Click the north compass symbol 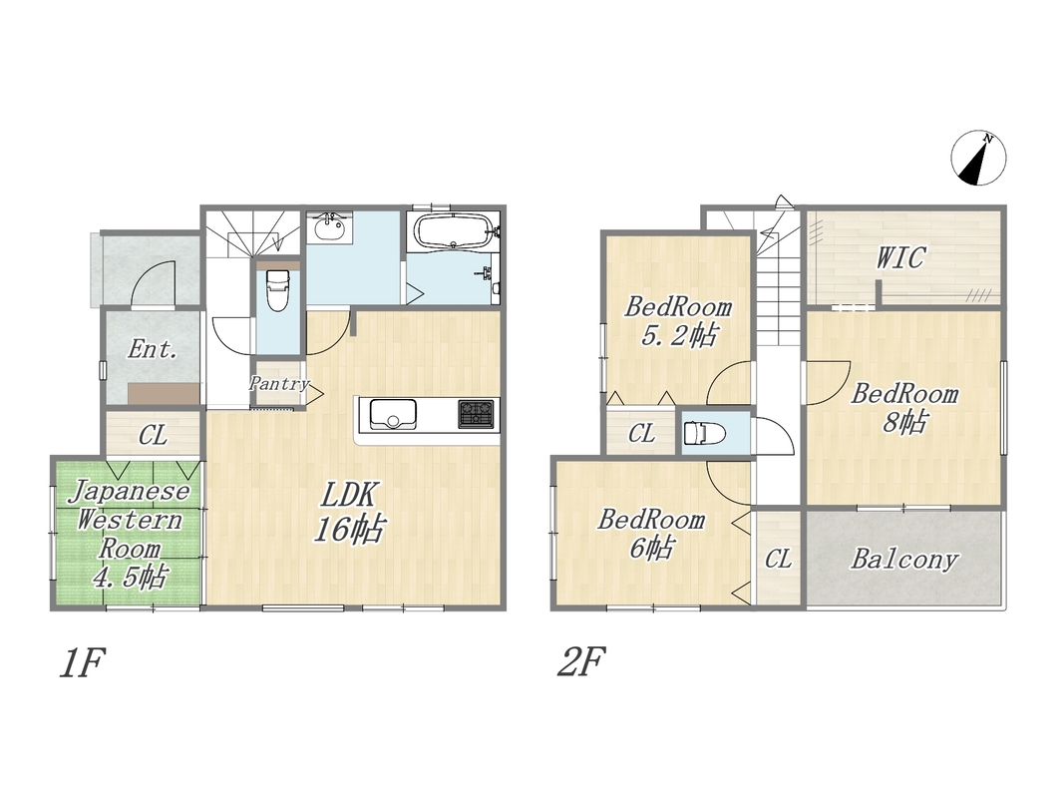point(978,159)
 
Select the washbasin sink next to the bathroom point(329,227)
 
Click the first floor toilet point(277,289)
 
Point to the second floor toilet point(704,432)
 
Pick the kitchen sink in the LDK point(393,414)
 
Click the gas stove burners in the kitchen point(476,414)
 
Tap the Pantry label point(279,383)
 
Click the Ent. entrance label point(153,349)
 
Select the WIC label point(900,258)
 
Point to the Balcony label point(904,559)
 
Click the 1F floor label point(82,662)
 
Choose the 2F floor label point(580,661)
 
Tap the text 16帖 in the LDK point(349,528)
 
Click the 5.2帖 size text point(678,335)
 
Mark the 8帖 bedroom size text point(904,422)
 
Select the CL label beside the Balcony point(779,559)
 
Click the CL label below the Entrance point(153,435)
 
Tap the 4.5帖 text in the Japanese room point(129,578)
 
